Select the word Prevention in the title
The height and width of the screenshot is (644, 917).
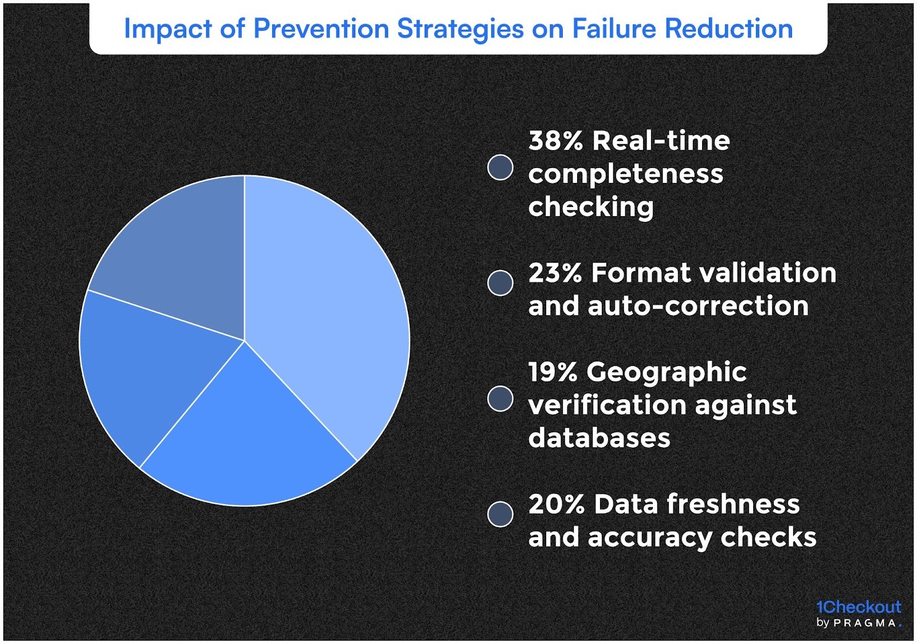click(321, 29)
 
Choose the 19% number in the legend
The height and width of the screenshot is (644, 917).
click(552, 372)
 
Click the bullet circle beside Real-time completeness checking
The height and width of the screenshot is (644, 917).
click(500, 167)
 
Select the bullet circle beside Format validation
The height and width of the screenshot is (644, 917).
click(500, 283)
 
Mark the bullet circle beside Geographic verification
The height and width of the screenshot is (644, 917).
click(500, 399)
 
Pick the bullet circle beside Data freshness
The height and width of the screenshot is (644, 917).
click(500, 514)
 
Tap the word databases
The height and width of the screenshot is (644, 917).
click(599, 439)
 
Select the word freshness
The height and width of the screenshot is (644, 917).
click(733, 505)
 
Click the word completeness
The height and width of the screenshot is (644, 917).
click(625, 174)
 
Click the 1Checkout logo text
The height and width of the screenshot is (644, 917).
click(859, 607)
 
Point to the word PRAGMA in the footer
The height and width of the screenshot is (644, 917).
click(865, 623)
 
